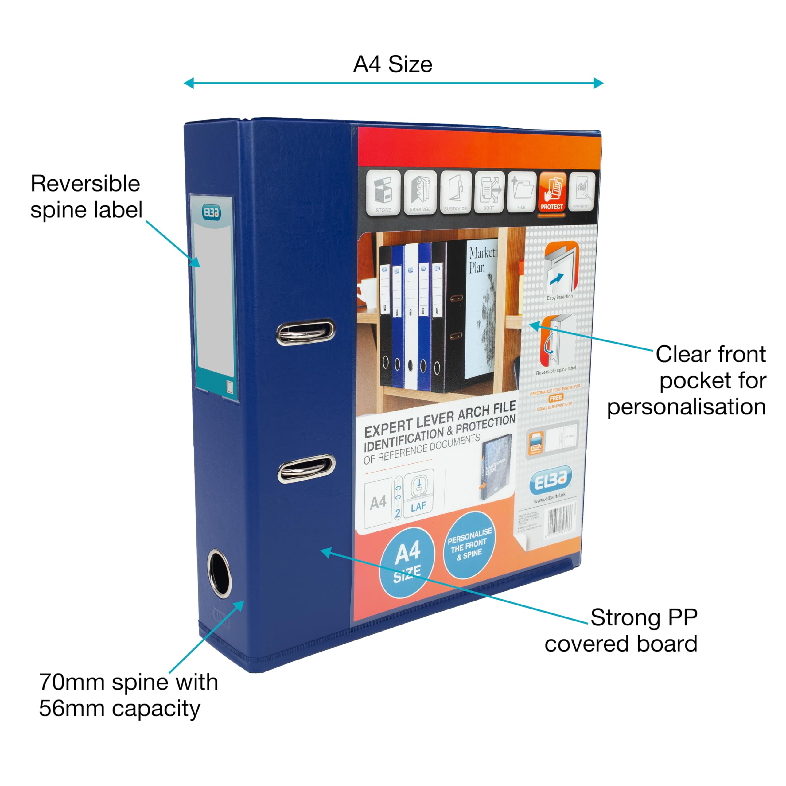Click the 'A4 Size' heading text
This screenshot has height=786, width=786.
393,64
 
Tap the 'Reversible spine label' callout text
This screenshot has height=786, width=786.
86,196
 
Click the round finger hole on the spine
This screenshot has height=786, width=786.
220,573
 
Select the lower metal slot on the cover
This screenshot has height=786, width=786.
306,468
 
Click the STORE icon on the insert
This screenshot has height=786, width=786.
383,193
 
